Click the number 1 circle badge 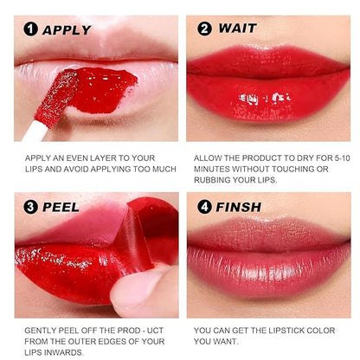click(31, 29)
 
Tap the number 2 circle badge click(204, 28)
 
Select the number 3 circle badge click(31, 208)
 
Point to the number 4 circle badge click(204, 208)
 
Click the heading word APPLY click(67, 29)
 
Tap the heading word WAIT click(237, 28)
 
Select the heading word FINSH click(243, 208)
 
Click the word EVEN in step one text click(87, 157)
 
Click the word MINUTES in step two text click(217, 169)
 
